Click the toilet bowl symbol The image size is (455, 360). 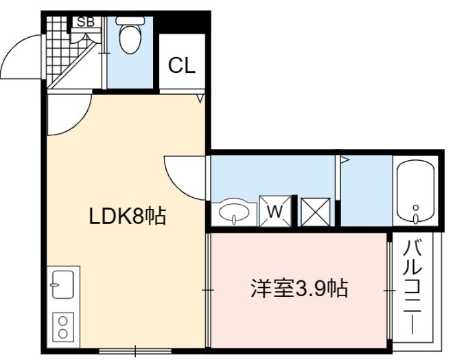click(130, 35)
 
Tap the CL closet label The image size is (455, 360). click(182, 65)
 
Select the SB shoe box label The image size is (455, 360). click(86, 22)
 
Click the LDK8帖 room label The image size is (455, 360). click(128, 216)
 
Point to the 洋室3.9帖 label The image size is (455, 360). click(299, 289)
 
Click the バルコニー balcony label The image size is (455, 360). click(412, 286)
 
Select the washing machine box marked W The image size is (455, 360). click(275, 211)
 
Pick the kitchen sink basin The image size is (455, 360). click(62, 284)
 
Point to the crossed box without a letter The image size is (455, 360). click(316, 212)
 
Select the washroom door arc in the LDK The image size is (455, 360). click(177, 183)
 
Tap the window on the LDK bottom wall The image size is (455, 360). click(135, 351)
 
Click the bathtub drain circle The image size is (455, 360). click(416, 207)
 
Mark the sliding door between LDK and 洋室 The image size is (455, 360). click(208, 290)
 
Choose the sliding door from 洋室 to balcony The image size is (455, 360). click(390, 290)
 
